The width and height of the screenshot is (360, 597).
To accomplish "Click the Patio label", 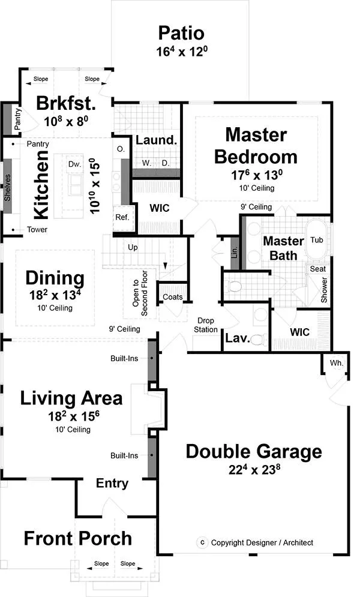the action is coord(181,33).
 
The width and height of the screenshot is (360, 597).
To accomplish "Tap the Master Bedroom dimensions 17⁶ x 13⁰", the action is coord(257,175).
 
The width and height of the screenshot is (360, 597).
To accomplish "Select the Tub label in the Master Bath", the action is coord(317,240).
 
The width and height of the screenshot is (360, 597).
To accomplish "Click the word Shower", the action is coord(324,290).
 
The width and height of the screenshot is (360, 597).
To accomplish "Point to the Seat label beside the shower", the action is coord(318,269).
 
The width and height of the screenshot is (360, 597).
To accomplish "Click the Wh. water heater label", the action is coord(337,363).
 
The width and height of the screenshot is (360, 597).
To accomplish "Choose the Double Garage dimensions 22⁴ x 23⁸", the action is coord(254,469).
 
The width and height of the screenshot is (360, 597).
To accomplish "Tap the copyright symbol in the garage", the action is coord(202,542).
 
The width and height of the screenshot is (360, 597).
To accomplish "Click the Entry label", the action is coord(112,484).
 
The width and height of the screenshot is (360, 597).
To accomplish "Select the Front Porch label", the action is coord(78,538).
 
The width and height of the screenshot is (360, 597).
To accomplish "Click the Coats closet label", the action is coord(172,297).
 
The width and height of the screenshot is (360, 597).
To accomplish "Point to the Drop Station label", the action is coord(205,325).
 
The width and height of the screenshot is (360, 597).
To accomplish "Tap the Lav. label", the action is coord(238,338).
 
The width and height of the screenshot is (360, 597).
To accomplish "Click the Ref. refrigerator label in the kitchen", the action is coord(122,217).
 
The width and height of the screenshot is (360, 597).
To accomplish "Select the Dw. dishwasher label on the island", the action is coord(74,164).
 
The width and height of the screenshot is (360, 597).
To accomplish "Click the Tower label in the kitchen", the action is coord(37,230).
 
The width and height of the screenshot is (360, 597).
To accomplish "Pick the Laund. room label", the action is coord(157,140).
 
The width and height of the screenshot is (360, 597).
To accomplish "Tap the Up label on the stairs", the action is coord(133,247).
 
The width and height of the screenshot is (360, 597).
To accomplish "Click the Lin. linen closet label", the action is coord(235,251).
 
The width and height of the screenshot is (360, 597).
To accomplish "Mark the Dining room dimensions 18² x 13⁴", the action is coord(55,295).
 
